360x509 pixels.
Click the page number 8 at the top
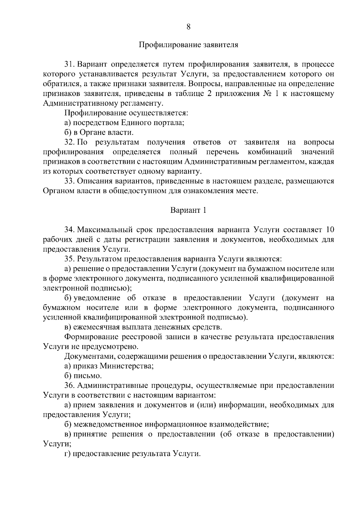click(x=188, y=27)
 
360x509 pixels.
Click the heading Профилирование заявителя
click(x=188, y=45)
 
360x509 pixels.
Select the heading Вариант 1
click(x=188, y=210)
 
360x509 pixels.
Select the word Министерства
click(x=126, y=366)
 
